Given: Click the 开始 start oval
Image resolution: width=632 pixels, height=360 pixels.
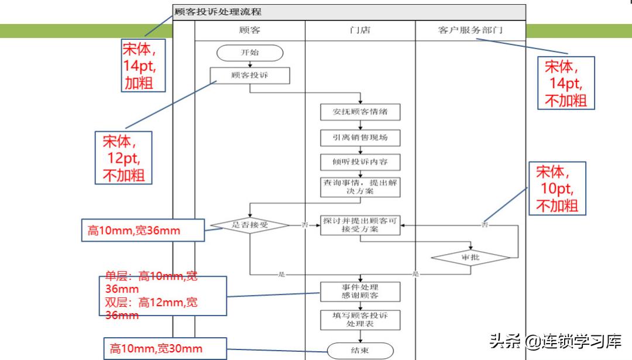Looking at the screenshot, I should (x=250, y=53).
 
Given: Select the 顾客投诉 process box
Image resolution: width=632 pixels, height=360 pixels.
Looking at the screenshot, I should (x=250, y=75).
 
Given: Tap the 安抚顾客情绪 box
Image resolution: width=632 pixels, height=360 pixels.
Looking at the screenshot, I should (x=360, y=112).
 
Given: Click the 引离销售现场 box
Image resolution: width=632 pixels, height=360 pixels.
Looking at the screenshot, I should (x=360, y=138).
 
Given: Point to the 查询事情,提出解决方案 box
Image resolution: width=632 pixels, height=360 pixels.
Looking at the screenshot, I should (x=360, y=187).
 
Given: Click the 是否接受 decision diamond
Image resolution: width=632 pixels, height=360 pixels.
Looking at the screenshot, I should (x=250, y=225).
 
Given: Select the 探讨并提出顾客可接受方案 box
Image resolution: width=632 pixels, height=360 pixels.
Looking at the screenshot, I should (x=360, y=225).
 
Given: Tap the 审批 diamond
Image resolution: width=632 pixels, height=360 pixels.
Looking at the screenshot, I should (x=471, y=257).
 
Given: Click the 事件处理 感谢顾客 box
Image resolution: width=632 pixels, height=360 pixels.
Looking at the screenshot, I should (x=360, y=292).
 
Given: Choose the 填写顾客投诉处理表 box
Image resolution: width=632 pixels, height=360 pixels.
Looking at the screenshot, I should (x=360, y=319).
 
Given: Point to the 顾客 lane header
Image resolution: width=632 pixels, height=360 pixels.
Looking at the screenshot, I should (x=250, y=30).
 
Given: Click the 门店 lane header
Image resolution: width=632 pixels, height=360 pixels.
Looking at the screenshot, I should (x=360, y=30).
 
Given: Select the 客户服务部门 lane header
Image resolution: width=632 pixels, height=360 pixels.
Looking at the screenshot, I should (x=470, y=30).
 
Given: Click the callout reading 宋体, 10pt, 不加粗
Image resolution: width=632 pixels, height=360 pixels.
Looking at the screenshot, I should (x=557, y=189).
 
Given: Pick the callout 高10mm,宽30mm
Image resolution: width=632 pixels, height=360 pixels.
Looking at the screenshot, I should (x=156, y=349).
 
